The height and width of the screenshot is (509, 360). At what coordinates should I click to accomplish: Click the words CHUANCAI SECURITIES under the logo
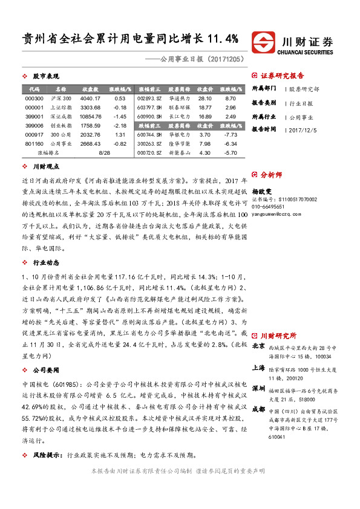[x=308, y=53]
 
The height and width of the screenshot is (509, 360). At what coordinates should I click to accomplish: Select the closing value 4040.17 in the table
[x=90, y=98]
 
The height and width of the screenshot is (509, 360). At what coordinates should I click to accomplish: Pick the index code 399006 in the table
[x=34, y=125]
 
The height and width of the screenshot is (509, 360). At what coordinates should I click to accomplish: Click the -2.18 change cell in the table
[x=120, y=125]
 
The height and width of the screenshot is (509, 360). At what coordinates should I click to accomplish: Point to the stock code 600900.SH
[x=149, y=116]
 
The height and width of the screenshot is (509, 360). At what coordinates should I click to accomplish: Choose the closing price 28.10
[x=205, y=98]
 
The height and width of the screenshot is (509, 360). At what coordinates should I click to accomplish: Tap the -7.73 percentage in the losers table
[x=230, y=134]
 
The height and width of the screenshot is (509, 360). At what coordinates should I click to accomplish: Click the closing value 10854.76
[x=90, y=116]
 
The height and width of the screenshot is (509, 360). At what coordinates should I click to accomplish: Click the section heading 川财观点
[x=45, y=166]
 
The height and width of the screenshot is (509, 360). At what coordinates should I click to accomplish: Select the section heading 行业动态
[x=45, y=262]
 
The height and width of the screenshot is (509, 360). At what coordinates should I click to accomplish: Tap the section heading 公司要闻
[x=45, y=369]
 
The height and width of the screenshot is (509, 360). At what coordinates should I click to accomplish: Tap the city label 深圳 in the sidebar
[x=258, y=388]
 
